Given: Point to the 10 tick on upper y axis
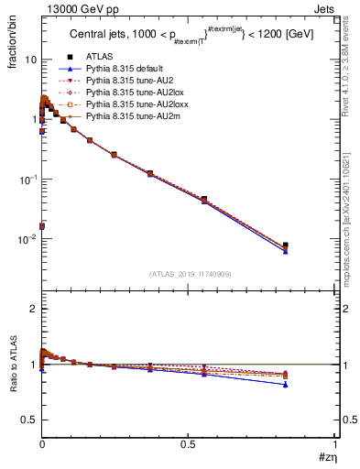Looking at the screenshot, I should (30, 60).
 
